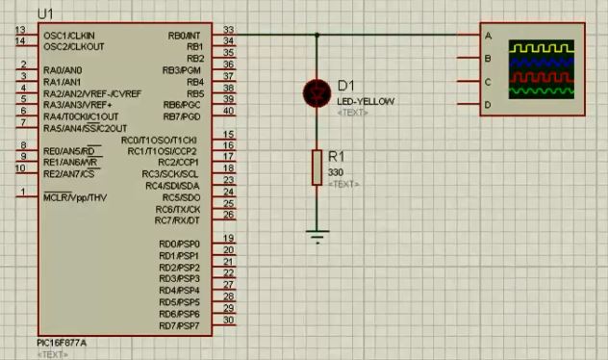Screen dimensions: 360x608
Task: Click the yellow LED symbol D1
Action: [317, 91]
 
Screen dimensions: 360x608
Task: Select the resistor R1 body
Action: [317, 167]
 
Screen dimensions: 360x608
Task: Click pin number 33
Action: [228, 30]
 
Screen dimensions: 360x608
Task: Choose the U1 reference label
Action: [45, 13]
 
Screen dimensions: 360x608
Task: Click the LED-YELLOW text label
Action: [366, 102]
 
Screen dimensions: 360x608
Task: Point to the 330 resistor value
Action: [336, 171]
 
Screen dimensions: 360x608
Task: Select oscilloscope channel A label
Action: [488, 36]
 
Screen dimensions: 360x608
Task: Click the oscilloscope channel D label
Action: [488, 104]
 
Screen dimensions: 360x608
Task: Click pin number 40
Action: [228, 111]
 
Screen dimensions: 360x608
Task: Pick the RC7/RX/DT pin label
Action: [178, 220]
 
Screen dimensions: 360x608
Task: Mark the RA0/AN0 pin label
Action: [63, 70]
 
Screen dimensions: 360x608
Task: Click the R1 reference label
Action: [337, 156]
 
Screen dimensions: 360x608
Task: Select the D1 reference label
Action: [347, 86]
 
